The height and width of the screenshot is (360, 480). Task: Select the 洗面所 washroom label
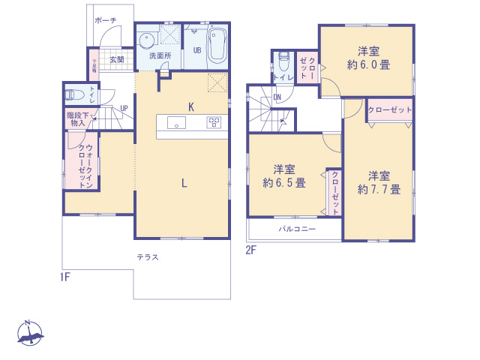tap(160, 56)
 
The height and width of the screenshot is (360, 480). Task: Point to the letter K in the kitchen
tap(191, 107)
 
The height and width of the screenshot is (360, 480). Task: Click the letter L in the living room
tap(183, 181)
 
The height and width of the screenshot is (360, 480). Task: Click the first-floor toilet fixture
tap(73, 95)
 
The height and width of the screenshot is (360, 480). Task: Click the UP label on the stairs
tap(124, 108)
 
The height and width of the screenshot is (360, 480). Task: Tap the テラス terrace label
tap(146, 257)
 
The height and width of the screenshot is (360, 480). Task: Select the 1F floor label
tap(65, 277)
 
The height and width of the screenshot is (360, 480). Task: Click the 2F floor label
tap(251, 250)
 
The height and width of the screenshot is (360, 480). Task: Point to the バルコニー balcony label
tap(298, 229)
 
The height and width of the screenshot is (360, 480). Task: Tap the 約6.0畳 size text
tap(367, 64)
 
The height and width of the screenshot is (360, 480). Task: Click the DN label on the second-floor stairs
tap(277, 97)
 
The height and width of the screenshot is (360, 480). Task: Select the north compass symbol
tap(30, 333)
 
